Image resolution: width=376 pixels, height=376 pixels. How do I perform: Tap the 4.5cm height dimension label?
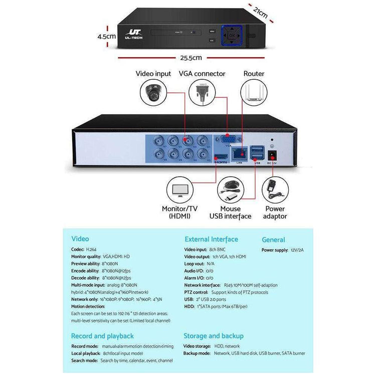(x=107, y=36)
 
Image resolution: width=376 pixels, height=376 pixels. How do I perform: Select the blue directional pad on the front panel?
(x=231, y=35)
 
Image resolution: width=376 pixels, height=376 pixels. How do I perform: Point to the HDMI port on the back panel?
(x=221, y=157)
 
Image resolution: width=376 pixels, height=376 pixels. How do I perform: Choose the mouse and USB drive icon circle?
(x=231, y=190)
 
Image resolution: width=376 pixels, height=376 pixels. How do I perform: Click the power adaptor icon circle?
(x=275, y=190)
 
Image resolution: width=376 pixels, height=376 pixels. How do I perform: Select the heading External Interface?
(x=211, y=239)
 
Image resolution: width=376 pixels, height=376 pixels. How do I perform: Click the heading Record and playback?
(x=102, y=335)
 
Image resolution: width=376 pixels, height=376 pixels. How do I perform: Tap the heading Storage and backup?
(x=213, y=335)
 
